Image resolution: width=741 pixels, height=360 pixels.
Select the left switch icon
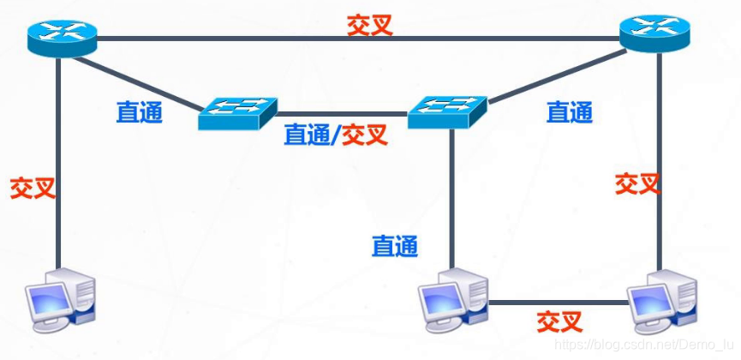(237, 112)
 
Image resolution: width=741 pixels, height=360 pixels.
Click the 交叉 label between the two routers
(369, 24)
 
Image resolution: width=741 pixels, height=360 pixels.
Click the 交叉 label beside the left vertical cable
(33, 188)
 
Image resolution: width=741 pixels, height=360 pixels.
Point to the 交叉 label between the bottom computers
(559, 322)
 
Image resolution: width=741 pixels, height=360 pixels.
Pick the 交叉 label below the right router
(638, 183)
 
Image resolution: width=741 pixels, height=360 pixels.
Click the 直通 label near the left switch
(140, 112)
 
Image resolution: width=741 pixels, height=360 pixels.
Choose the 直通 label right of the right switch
(570, 112)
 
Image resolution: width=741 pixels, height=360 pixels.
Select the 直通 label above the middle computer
(395, 247)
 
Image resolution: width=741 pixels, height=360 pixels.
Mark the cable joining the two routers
(257, 38)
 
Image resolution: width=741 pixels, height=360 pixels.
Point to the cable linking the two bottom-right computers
(557, 302)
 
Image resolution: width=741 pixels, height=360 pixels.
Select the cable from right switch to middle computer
(451, 197)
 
